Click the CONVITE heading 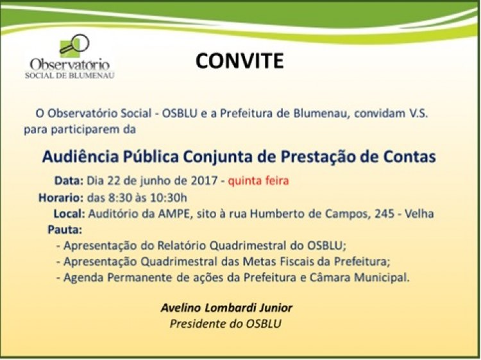pos(239,60)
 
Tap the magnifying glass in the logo pos(76,44)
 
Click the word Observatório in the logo pos(70,64)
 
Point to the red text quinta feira pos(258,180)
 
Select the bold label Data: pos(69,180)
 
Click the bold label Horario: pos(61,198)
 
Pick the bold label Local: pos(69,214)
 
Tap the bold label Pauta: pos(65,230)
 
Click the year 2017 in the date pos(205,180)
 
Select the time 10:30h pos(169,198)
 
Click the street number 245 pos(384,214)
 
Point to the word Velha pos(419,214)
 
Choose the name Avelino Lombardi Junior pos(226,307)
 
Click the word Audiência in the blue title pos(80,157)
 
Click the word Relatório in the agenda pos(183,246)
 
